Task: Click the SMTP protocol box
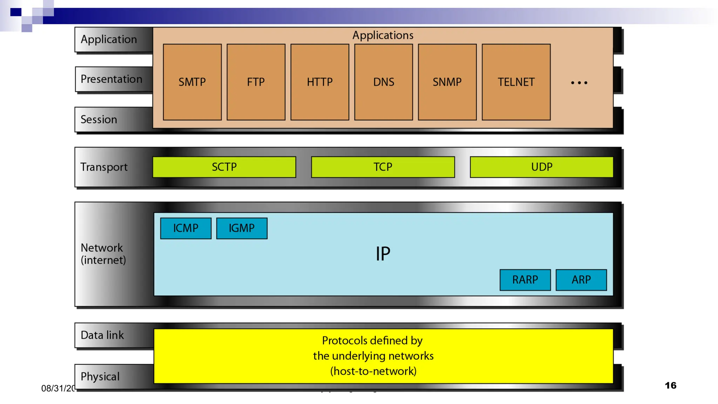coord(192,82)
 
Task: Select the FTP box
coord(256,82)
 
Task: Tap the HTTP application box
coord(320,82)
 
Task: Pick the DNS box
coord(384,82)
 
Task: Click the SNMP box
coord(447,82)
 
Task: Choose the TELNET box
coord(516,82)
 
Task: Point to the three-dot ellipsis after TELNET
coord(579,83)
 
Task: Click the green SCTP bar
coord(224,167)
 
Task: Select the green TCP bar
coord(383,167)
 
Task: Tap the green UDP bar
coord(542,167)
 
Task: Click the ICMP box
coord(186,228)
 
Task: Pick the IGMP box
coord(242,228)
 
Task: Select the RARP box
coord(525,280)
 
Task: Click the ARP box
coord(581,280)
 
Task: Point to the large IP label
coord(383,254)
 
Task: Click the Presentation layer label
coord(111,79)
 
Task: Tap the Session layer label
coord(99,120)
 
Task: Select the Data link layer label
coord(102,335)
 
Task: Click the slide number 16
coord(670,385)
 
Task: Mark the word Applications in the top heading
coord(383,35)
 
